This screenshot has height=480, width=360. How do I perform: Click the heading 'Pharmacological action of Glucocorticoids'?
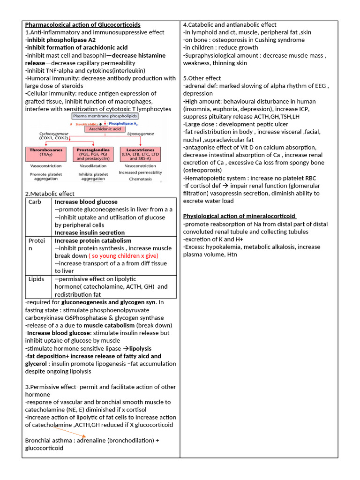tap(82, 25)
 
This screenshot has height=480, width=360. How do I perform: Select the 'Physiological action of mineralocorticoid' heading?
tap(240, 216)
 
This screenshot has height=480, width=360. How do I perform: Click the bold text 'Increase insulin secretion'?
tap(90, 232)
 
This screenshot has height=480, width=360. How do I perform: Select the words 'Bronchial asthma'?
tap(42, 441)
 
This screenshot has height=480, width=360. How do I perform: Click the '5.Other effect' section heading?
tap(202, 78)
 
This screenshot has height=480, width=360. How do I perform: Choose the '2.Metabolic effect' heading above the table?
tap(50, 194)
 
